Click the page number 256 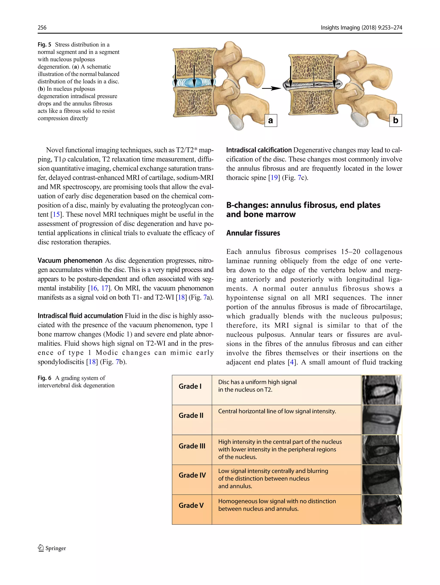point(42,28)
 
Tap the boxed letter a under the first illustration point(270,121)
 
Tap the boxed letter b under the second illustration point(395,120)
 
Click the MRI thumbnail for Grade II point(382,419)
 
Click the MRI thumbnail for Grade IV point(382,479)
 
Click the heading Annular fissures point(253,233)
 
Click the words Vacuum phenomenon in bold point(70,261)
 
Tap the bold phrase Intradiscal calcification point(259,150)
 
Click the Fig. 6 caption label point(44,378)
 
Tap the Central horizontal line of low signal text point(277,411)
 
